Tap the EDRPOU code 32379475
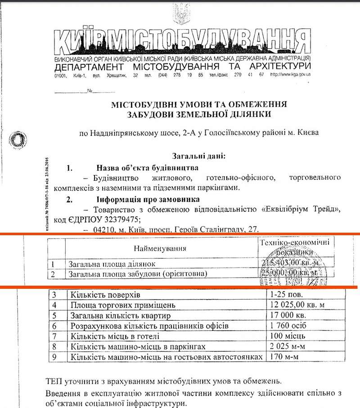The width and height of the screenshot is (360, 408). (119, 220)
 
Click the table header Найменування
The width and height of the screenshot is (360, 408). (160, 248)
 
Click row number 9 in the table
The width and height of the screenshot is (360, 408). (55, 357)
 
